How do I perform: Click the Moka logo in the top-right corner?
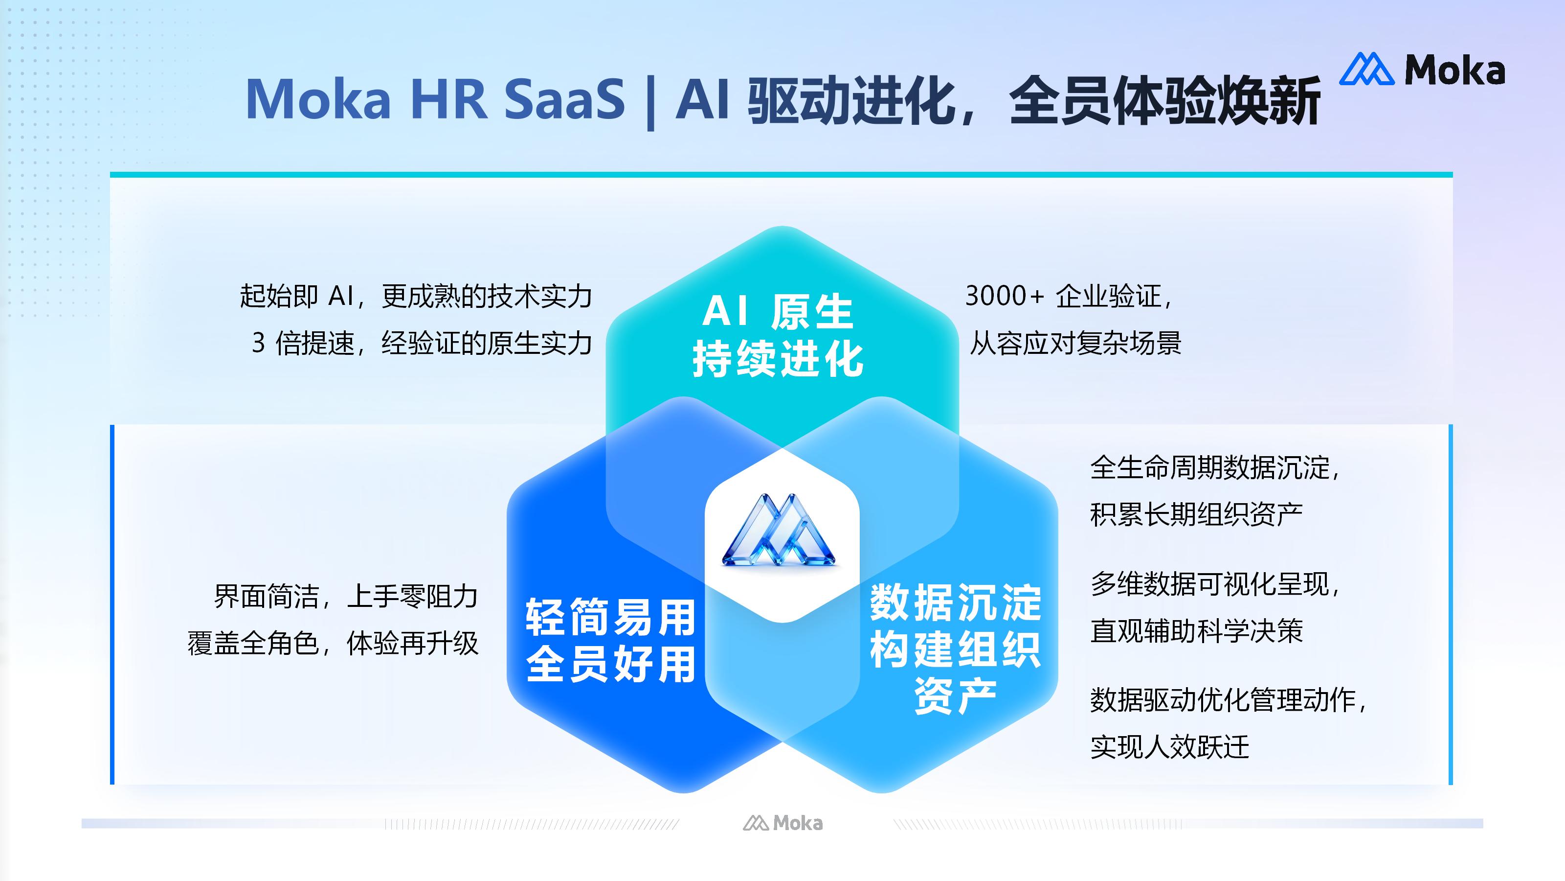1422,70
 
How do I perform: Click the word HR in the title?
449,99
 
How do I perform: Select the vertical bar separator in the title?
650,102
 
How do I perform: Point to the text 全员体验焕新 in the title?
1164,100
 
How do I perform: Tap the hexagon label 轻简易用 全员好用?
610,640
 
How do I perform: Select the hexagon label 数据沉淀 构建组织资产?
955,648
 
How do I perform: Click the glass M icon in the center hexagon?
780,531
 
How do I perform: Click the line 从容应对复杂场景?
1075,344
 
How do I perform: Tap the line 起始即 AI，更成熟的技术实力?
416,296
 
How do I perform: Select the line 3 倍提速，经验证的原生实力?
422,344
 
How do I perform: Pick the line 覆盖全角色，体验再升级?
333,643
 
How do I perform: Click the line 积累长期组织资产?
1196,515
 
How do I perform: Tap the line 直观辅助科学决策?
1196,631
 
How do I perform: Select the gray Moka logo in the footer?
782,823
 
